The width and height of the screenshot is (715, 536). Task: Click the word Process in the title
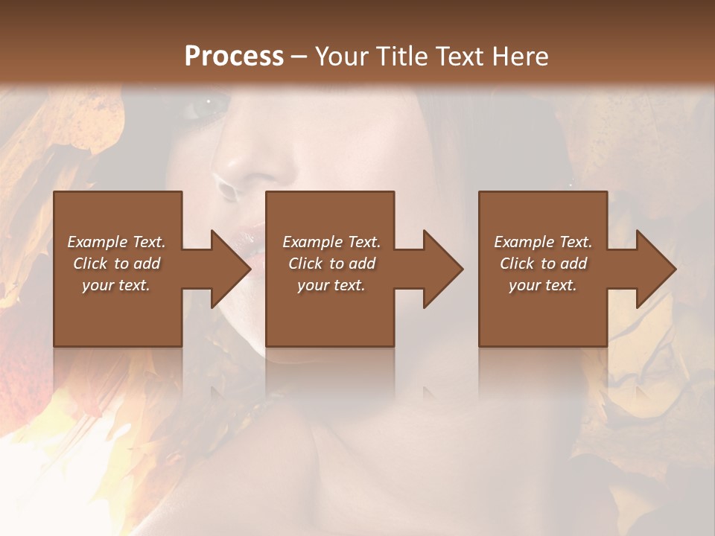(234, 57)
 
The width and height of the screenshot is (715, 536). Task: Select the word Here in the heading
(519, 57)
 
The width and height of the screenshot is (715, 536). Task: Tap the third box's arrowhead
(655, 269)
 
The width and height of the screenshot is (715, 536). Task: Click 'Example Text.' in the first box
(117, 242)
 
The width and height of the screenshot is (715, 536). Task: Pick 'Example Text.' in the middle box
(331, 242)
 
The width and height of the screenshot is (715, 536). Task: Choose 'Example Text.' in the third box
(543, 242)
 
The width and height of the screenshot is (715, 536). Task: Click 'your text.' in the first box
(116, 285)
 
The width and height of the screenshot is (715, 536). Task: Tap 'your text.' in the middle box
(331, 285)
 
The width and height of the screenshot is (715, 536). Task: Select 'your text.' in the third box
(543, 285)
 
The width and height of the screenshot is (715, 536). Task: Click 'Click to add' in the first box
(117, 264)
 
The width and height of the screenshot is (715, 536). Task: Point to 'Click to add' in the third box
(543, 264)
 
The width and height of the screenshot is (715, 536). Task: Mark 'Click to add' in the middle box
(331, 264)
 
